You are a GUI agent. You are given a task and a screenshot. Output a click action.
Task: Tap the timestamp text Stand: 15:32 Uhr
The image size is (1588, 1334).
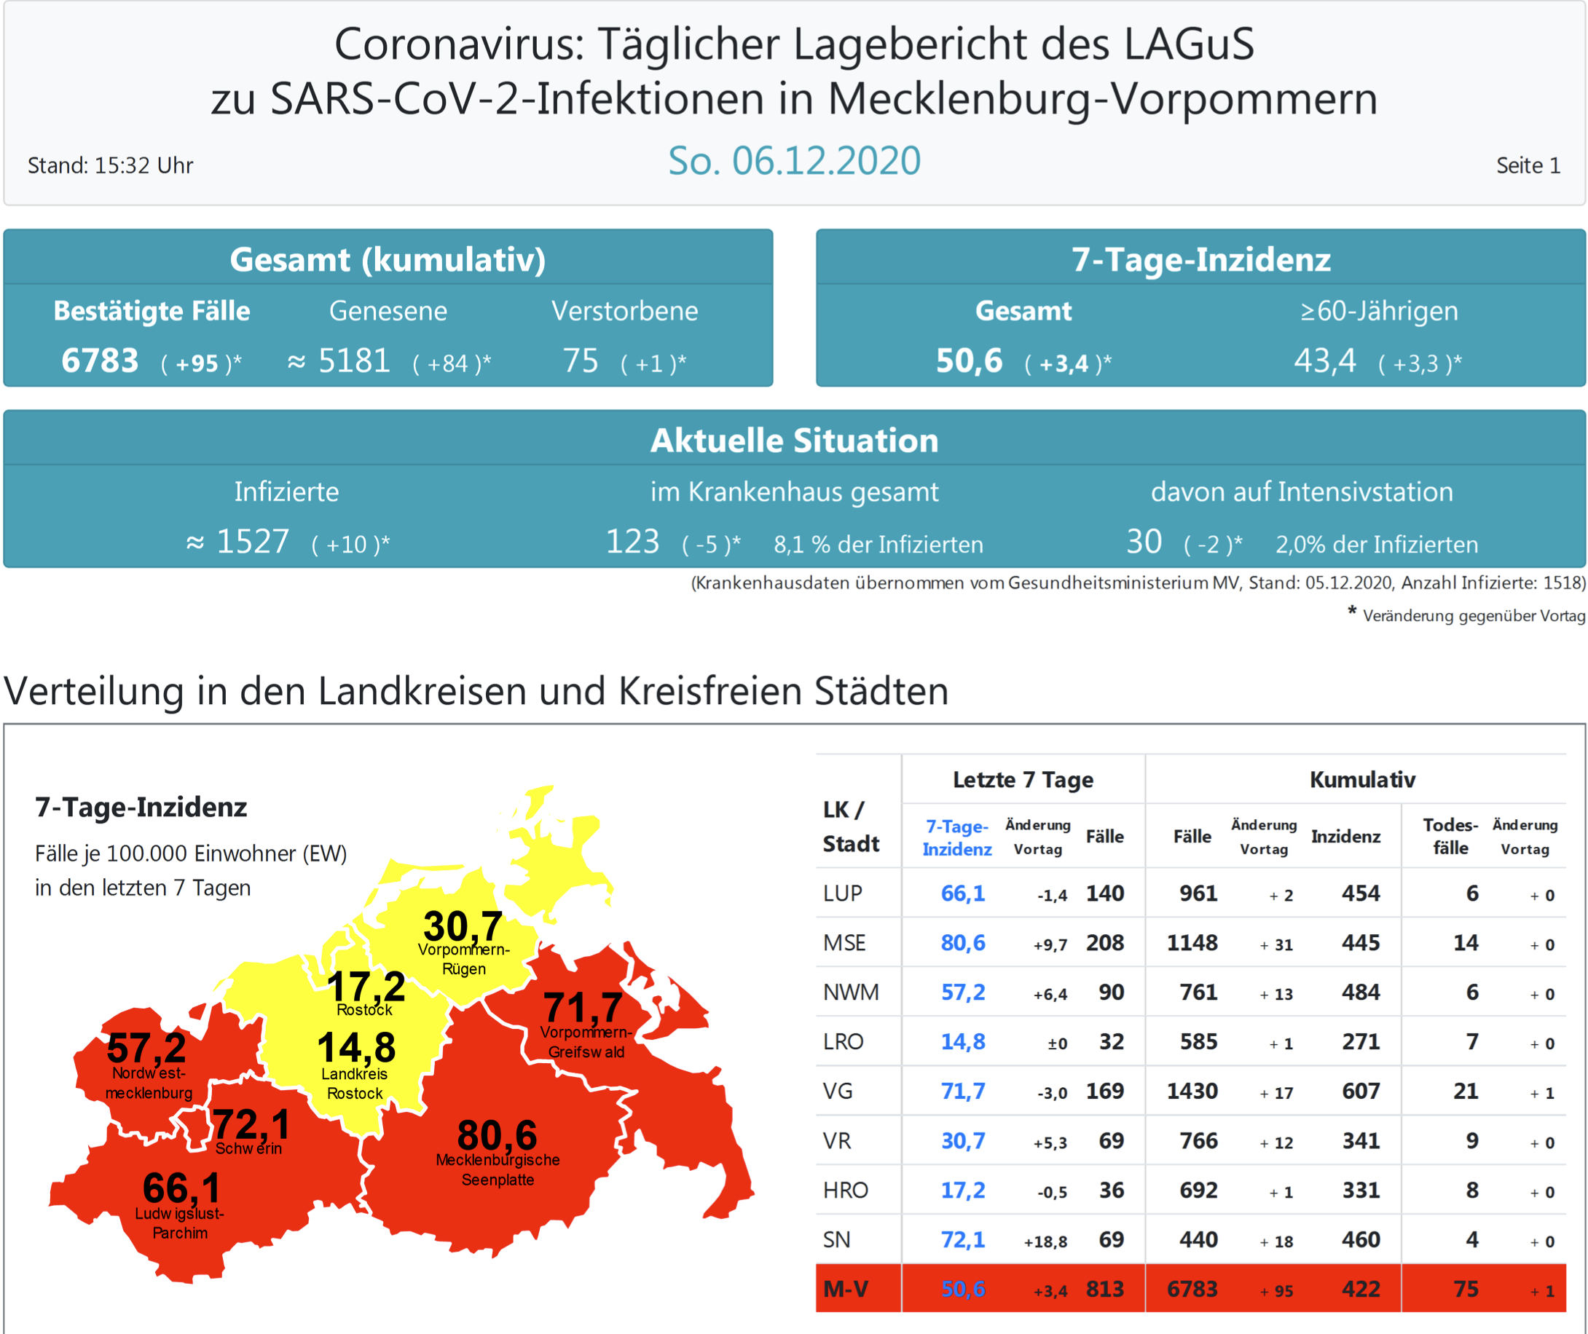click(111, 165)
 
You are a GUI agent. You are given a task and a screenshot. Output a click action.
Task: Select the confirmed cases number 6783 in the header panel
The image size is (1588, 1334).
click(100, 360)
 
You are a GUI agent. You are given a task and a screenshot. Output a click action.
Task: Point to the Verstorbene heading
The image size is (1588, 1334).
click(624, 311)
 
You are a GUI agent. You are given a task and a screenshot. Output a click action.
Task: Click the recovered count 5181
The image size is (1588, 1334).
click(354, 360)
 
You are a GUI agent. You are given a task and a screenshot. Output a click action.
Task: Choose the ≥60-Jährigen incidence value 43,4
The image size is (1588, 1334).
click(1325, 360)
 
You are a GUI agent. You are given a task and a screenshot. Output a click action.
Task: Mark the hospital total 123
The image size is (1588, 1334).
click(632, 542)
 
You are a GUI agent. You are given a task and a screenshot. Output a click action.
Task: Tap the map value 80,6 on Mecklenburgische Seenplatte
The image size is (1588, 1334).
click(497, 1135)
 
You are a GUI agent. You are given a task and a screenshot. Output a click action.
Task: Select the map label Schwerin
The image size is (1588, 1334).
click(248, 1149)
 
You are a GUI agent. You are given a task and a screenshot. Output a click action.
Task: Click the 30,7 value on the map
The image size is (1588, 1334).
click(463, 925)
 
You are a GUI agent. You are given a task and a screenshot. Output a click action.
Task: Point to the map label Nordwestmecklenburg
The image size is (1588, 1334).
click(149, 1083)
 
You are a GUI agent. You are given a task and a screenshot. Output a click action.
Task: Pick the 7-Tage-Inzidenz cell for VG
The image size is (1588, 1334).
click(962, 1092)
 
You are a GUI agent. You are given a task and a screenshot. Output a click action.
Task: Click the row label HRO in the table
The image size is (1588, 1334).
click(845, 1191)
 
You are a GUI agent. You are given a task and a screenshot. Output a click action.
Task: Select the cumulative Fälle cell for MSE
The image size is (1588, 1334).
click(1192, 943)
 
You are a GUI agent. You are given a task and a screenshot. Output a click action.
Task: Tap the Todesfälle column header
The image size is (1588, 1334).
click(1450, 836)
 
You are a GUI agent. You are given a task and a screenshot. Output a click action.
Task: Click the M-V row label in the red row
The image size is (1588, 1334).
click(845, 1289)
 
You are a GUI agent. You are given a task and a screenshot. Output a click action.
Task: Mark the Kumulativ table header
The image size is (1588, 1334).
click(1361, 780)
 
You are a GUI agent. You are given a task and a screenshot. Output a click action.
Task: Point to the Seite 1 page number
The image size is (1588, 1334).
click(1528, 165)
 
